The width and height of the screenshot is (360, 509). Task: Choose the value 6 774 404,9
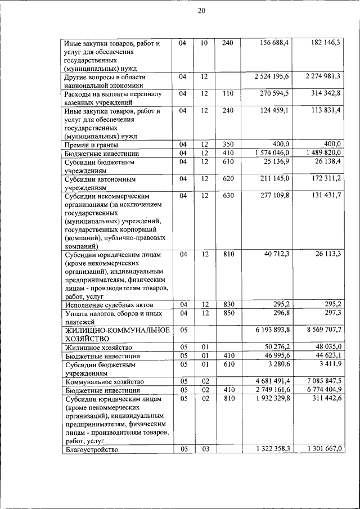(323, 389)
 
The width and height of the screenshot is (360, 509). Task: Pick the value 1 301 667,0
(323, 448)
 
